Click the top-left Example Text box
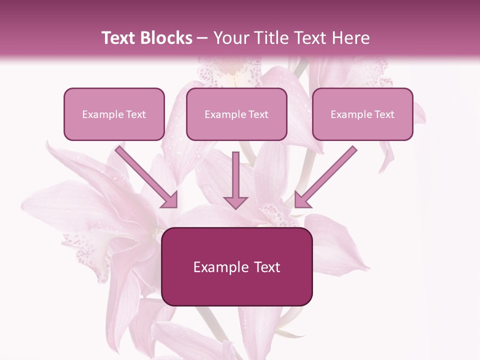click(x=114, y=114)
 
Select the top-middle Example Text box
click(x=236, y=114)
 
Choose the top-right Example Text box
click(x=362, y=114)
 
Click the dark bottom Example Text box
click(x=237, y=266)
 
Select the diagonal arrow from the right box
click(x=328, y=175)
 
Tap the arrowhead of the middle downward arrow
click(x=235, y=201)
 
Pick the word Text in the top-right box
click(x=384, y=114)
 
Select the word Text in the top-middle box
click(x=258, y=114)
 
